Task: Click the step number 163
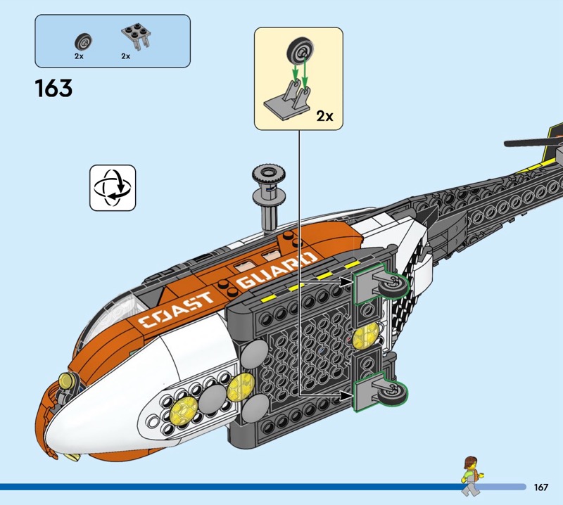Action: click(x=53, y=89)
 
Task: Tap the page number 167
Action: click(x=541, y=487)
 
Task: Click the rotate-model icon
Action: click(x=113, y=188)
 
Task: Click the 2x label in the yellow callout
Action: click(x=324, y=116)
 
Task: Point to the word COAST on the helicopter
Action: click(x=176, y=309)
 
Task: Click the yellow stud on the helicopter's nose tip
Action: click(x=67, y=382)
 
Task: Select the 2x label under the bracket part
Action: click(x=125, y=55)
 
